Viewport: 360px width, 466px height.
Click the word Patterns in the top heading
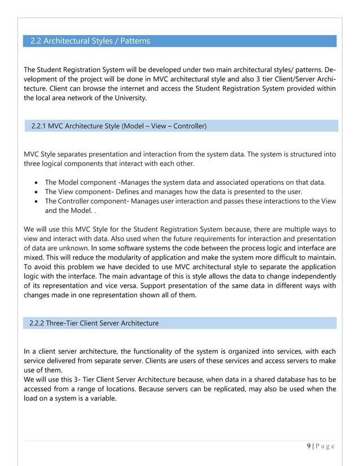131,41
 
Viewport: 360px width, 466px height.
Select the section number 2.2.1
39,126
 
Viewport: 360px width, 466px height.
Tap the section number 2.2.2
38,323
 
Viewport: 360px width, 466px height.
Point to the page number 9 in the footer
309,446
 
